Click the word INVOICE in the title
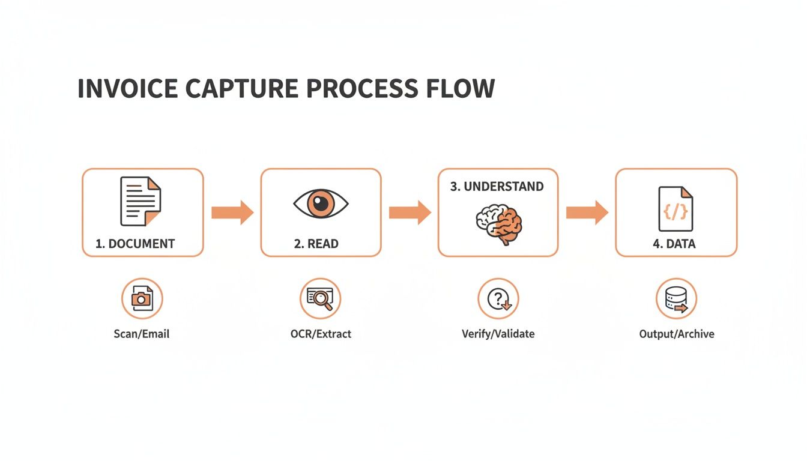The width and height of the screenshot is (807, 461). (x=127, y=88)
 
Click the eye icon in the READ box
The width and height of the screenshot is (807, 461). (x=321, y=203)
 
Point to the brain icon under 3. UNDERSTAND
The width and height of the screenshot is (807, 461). (x=498, y=224)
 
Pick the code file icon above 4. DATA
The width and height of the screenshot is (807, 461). (x=676, y=208)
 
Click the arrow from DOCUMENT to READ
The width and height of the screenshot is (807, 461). (x=232, y=212)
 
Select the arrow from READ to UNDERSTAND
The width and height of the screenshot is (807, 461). (x=410, y=212)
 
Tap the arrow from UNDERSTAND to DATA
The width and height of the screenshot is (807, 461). (x=587, y=212)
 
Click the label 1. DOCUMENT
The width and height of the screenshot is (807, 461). (x=135, y=244)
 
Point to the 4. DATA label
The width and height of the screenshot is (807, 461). (x=674, y=244)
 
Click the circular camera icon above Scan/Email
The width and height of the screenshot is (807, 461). (x=142, y=298)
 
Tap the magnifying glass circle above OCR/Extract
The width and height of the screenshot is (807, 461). (x=320, y=298)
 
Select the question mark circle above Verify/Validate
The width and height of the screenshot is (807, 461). (x=498, y=298)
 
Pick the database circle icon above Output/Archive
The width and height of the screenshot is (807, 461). (x=676, y=298)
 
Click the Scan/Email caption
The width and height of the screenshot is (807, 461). (x=142, y=334)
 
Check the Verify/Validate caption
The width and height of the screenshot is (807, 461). (x=498, y=334)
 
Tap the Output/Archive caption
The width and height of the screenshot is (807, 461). (x=677, y=334)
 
